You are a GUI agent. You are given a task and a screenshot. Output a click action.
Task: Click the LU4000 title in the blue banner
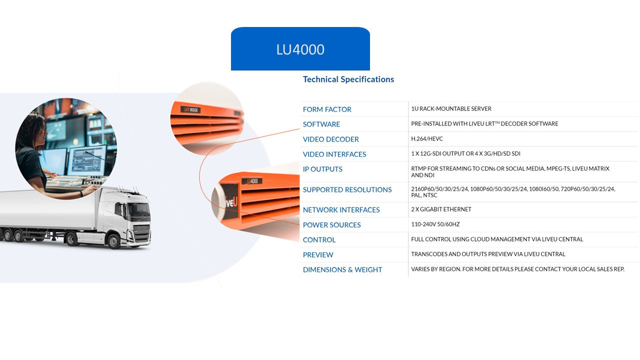(300, 49)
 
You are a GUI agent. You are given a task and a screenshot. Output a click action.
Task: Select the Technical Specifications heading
(348, 79)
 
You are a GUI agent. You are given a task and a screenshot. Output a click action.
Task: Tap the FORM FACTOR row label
(327, 109)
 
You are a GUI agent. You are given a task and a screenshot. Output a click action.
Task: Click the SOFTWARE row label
(321, 124)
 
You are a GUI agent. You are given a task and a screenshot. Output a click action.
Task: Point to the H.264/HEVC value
(426, 139)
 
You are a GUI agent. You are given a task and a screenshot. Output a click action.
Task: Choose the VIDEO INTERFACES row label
(334, 154)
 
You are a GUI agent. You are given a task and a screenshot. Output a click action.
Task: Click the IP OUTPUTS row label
(322, 169)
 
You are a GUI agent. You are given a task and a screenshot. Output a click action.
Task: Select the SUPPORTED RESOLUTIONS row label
(347, 190)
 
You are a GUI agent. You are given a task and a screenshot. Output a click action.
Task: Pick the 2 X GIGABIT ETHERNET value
(441, 209)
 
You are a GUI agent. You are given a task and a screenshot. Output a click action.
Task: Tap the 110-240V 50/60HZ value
(435, 224)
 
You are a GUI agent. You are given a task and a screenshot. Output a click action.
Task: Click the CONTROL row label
(319, 240)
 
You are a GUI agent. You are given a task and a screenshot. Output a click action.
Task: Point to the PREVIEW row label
(318, 255)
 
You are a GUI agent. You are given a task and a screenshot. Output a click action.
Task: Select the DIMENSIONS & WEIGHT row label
(342, 270)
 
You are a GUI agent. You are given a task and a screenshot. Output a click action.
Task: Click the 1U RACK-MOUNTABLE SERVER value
(451, 109)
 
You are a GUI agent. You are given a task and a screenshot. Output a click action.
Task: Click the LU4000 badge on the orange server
(251, 181)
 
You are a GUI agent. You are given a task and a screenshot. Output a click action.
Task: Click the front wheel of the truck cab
(113, 241)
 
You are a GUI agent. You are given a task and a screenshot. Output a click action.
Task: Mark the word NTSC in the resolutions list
(430, 195)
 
